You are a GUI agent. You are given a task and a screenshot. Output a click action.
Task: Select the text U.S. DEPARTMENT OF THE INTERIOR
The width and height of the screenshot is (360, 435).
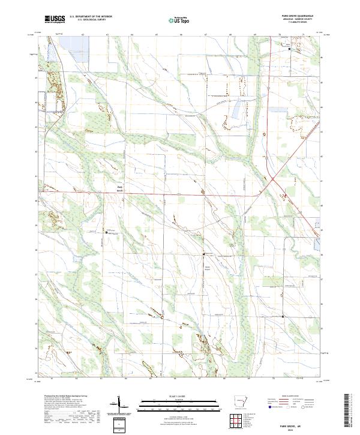(91, 16)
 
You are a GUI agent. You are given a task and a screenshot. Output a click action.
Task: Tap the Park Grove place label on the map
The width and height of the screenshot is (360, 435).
(119, 187)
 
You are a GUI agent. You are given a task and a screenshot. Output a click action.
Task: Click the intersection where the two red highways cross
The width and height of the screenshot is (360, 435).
(271, 179)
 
